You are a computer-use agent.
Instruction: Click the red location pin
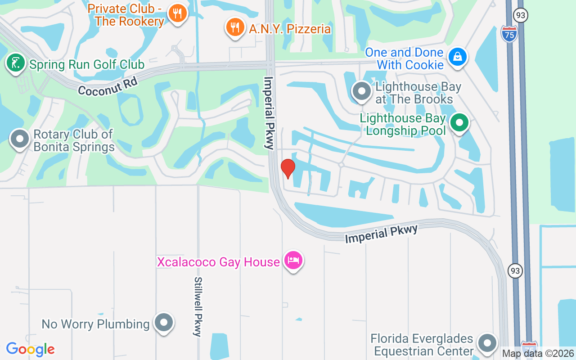[288, 168]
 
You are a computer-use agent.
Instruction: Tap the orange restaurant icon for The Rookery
[177, 13]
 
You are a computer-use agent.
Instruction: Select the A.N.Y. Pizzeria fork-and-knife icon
[234, 27]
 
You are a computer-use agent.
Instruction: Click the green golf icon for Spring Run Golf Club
[16, 63]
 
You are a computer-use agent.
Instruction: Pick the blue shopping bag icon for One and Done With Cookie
[457, 57]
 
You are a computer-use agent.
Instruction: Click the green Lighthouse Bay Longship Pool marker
[459, 122]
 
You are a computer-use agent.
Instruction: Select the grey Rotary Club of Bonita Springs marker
[19, 139]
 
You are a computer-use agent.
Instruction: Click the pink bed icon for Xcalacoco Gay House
[293, 261]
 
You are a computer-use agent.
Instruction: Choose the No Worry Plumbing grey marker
[163, 323]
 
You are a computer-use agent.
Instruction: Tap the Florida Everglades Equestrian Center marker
[487, 343]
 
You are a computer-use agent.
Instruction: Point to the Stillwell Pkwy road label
[198, 306]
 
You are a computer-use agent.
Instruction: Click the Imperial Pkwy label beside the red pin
[269, 112]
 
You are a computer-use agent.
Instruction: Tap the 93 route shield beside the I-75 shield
[521, 16]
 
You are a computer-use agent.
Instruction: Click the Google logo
[30, 349]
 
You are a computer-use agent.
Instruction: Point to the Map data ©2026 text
[538, 354]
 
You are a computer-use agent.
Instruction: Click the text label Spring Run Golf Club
[87, 65]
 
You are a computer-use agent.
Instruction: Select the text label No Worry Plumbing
[95, 324]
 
